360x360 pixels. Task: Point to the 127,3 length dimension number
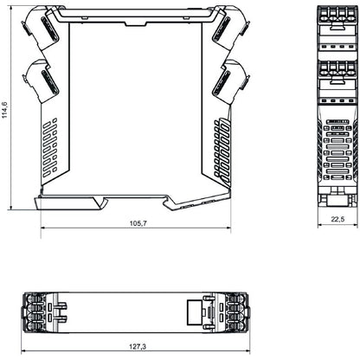[137, 346]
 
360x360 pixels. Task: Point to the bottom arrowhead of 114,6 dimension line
[10, 208]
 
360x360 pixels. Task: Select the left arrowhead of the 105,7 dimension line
[43, 229]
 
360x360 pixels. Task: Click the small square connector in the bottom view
[207, 312]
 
